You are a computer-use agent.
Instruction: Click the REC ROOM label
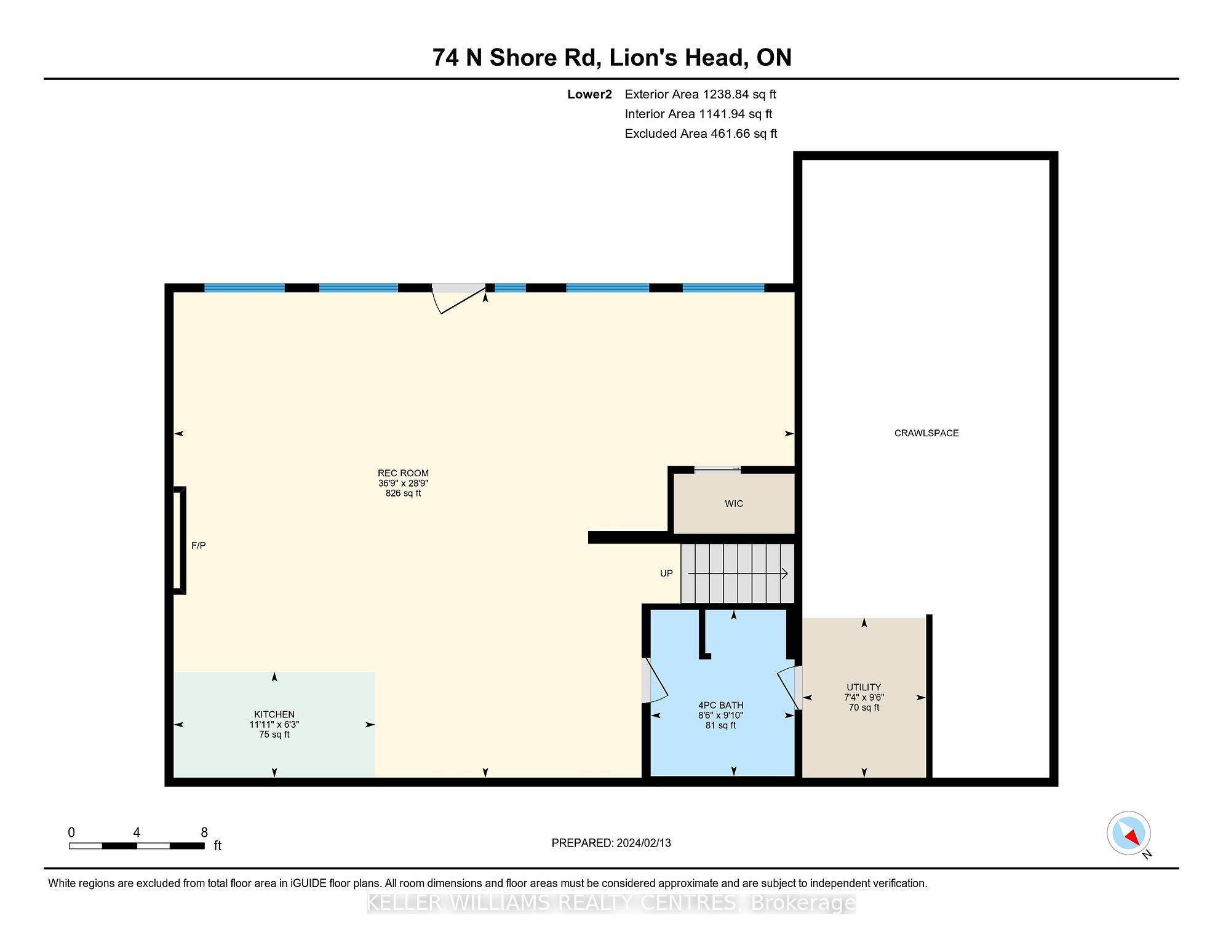coord(403,473)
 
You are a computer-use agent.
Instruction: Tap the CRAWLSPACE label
coord(926,433)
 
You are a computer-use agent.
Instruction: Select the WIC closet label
coord(734,503)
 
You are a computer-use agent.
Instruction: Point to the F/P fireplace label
coord(198,545)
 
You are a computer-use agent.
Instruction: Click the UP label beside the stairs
coord(666,573)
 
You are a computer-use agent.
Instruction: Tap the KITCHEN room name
coord(274,714)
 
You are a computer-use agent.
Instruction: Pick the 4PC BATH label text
coord(720,705)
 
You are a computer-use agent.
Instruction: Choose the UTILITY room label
coord(864,687)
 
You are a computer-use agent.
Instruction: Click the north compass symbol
coord(1129,833)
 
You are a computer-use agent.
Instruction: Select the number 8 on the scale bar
coord(204,832)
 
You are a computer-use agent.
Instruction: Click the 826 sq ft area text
coord(403,493)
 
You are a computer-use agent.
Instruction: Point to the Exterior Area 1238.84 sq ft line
coord(700,94)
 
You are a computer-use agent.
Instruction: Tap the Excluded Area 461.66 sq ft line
coord(701,134)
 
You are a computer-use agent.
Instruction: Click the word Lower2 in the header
coord(589,94)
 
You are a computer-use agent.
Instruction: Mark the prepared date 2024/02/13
coord(642,843)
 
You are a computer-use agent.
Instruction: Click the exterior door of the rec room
coord(459,299)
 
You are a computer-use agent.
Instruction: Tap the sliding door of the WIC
coord(717,469)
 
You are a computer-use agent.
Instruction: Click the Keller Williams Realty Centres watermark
coord(611,903)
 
